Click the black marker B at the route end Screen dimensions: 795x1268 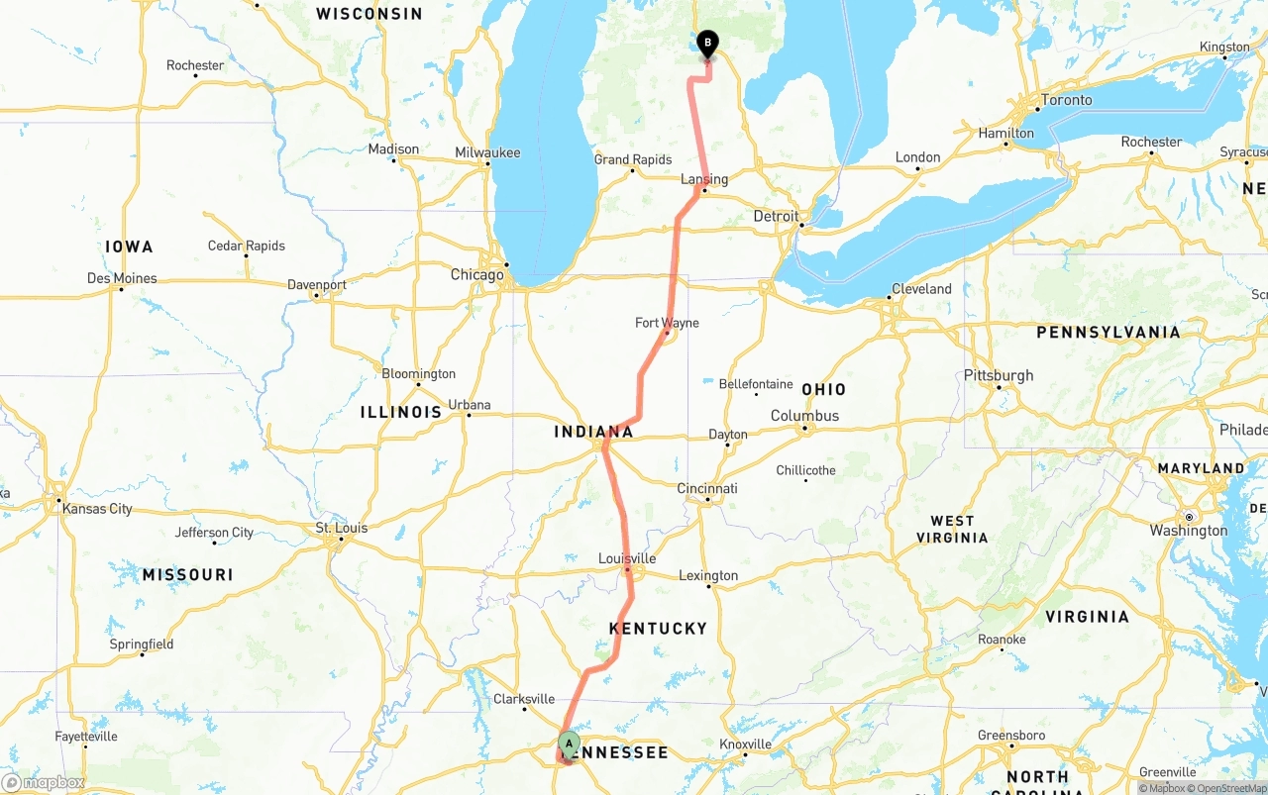(x=707, y=43)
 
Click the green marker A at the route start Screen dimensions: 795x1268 (x=569, y=744)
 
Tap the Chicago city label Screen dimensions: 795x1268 (x=477, y=274)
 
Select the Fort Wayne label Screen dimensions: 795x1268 (x=667, y=323)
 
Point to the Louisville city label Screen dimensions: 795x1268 (x=627, y=558)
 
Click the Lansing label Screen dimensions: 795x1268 (x=704, y=179)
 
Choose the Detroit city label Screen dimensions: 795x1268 (x=776, y=216)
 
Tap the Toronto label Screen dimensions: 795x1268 (x=1067, y=100)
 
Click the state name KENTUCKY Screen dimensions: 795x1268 (x=658, y=629)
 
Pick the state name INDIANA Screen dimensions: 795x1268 (x=593, y=432)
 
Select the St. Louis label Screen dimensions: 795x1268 (x=342, y=528)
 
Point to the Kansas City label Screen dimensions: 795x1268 (x=97, y=509)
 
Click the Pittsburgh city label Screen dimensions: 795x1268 (x=999, y=375)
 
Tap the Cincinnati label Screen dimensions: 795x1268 (x=707, y=488)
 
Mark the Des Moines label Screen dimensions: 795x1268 (x=122, y=278)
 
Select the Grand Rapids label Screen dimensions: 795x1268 (x=633, y=159)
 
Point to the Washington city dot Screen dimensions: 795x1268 (x=1189, y=517)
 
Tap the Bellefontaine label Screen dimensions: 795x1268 (x=756, y=384)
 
